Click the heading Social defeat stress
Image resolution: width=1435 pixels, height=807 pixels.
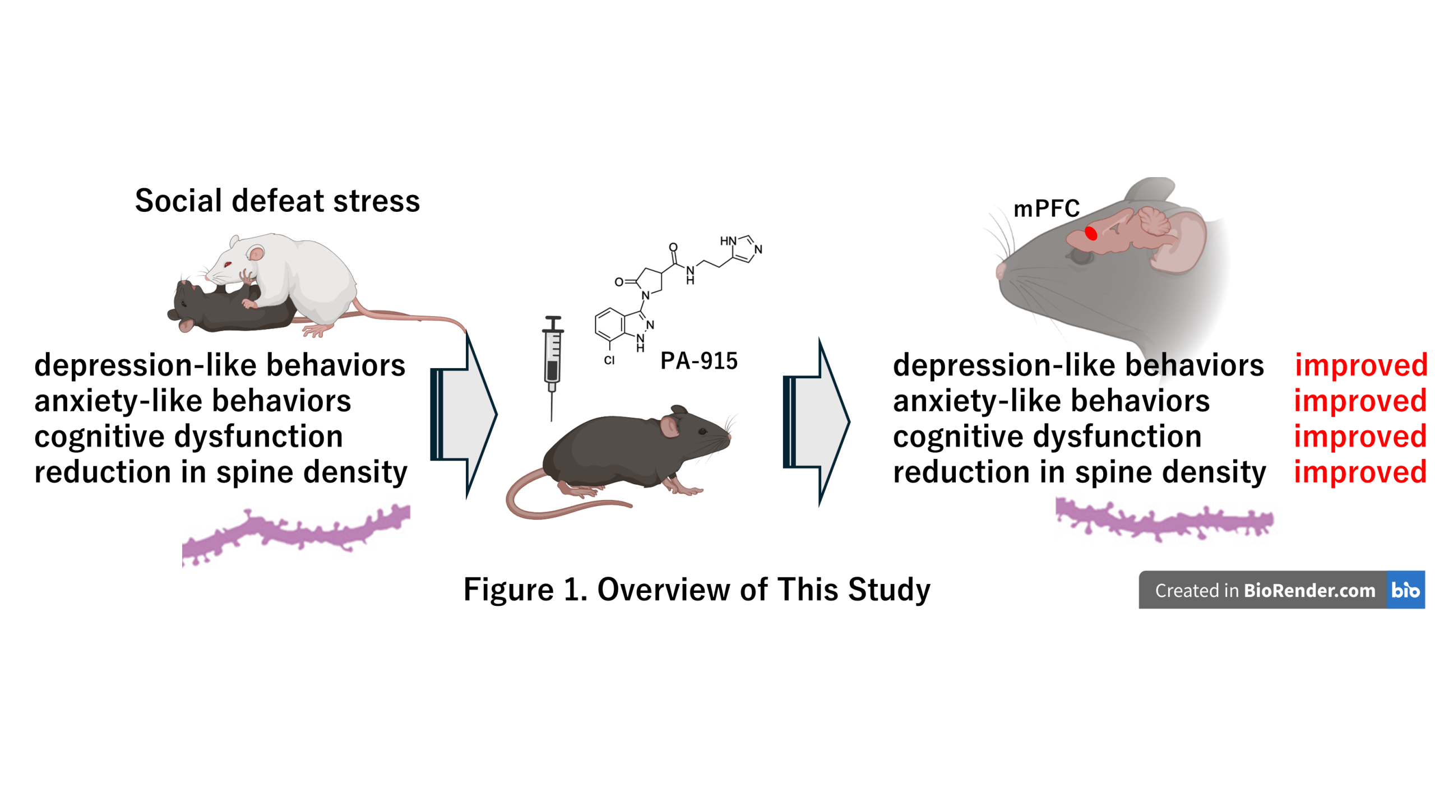[277, 201]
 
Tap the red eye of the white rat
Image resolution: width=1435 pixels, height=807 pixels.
[228, 264]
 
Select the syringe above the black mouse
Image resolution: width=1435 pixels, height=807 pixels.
[552, 359]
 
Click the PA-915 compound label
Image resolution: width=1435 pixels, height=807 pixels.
[698, 361]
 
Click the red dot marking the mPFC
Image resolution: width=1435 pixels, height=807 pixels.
[1090, 233]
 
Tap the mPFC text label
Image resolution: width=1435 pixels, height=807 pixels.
[1046, 209]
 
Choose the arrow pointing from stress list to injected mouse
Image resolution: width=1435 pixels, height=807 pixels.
[464, 415]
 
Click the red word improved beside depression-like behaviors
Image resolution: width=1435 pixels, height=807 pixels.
[1360, 365]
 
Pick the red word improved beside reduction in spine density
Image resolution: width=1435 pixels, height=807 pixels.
[1360, 472]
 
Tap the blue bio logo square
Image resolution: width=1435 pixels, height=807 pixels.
[1405, 590]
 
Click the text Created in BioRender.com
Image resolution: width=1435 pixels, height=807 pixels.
[1265, 590]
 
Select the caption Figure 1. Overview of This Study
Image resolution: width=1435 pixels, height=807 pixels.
[697, 590]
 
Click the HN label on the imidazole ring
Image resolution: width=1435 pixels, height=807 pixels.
[728, 241]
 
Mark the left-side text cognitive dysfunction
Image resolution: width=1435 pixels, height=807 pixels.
[188, 437]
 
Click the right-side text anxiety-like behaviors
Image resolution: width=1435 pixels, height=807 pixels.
[1051, 401]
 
